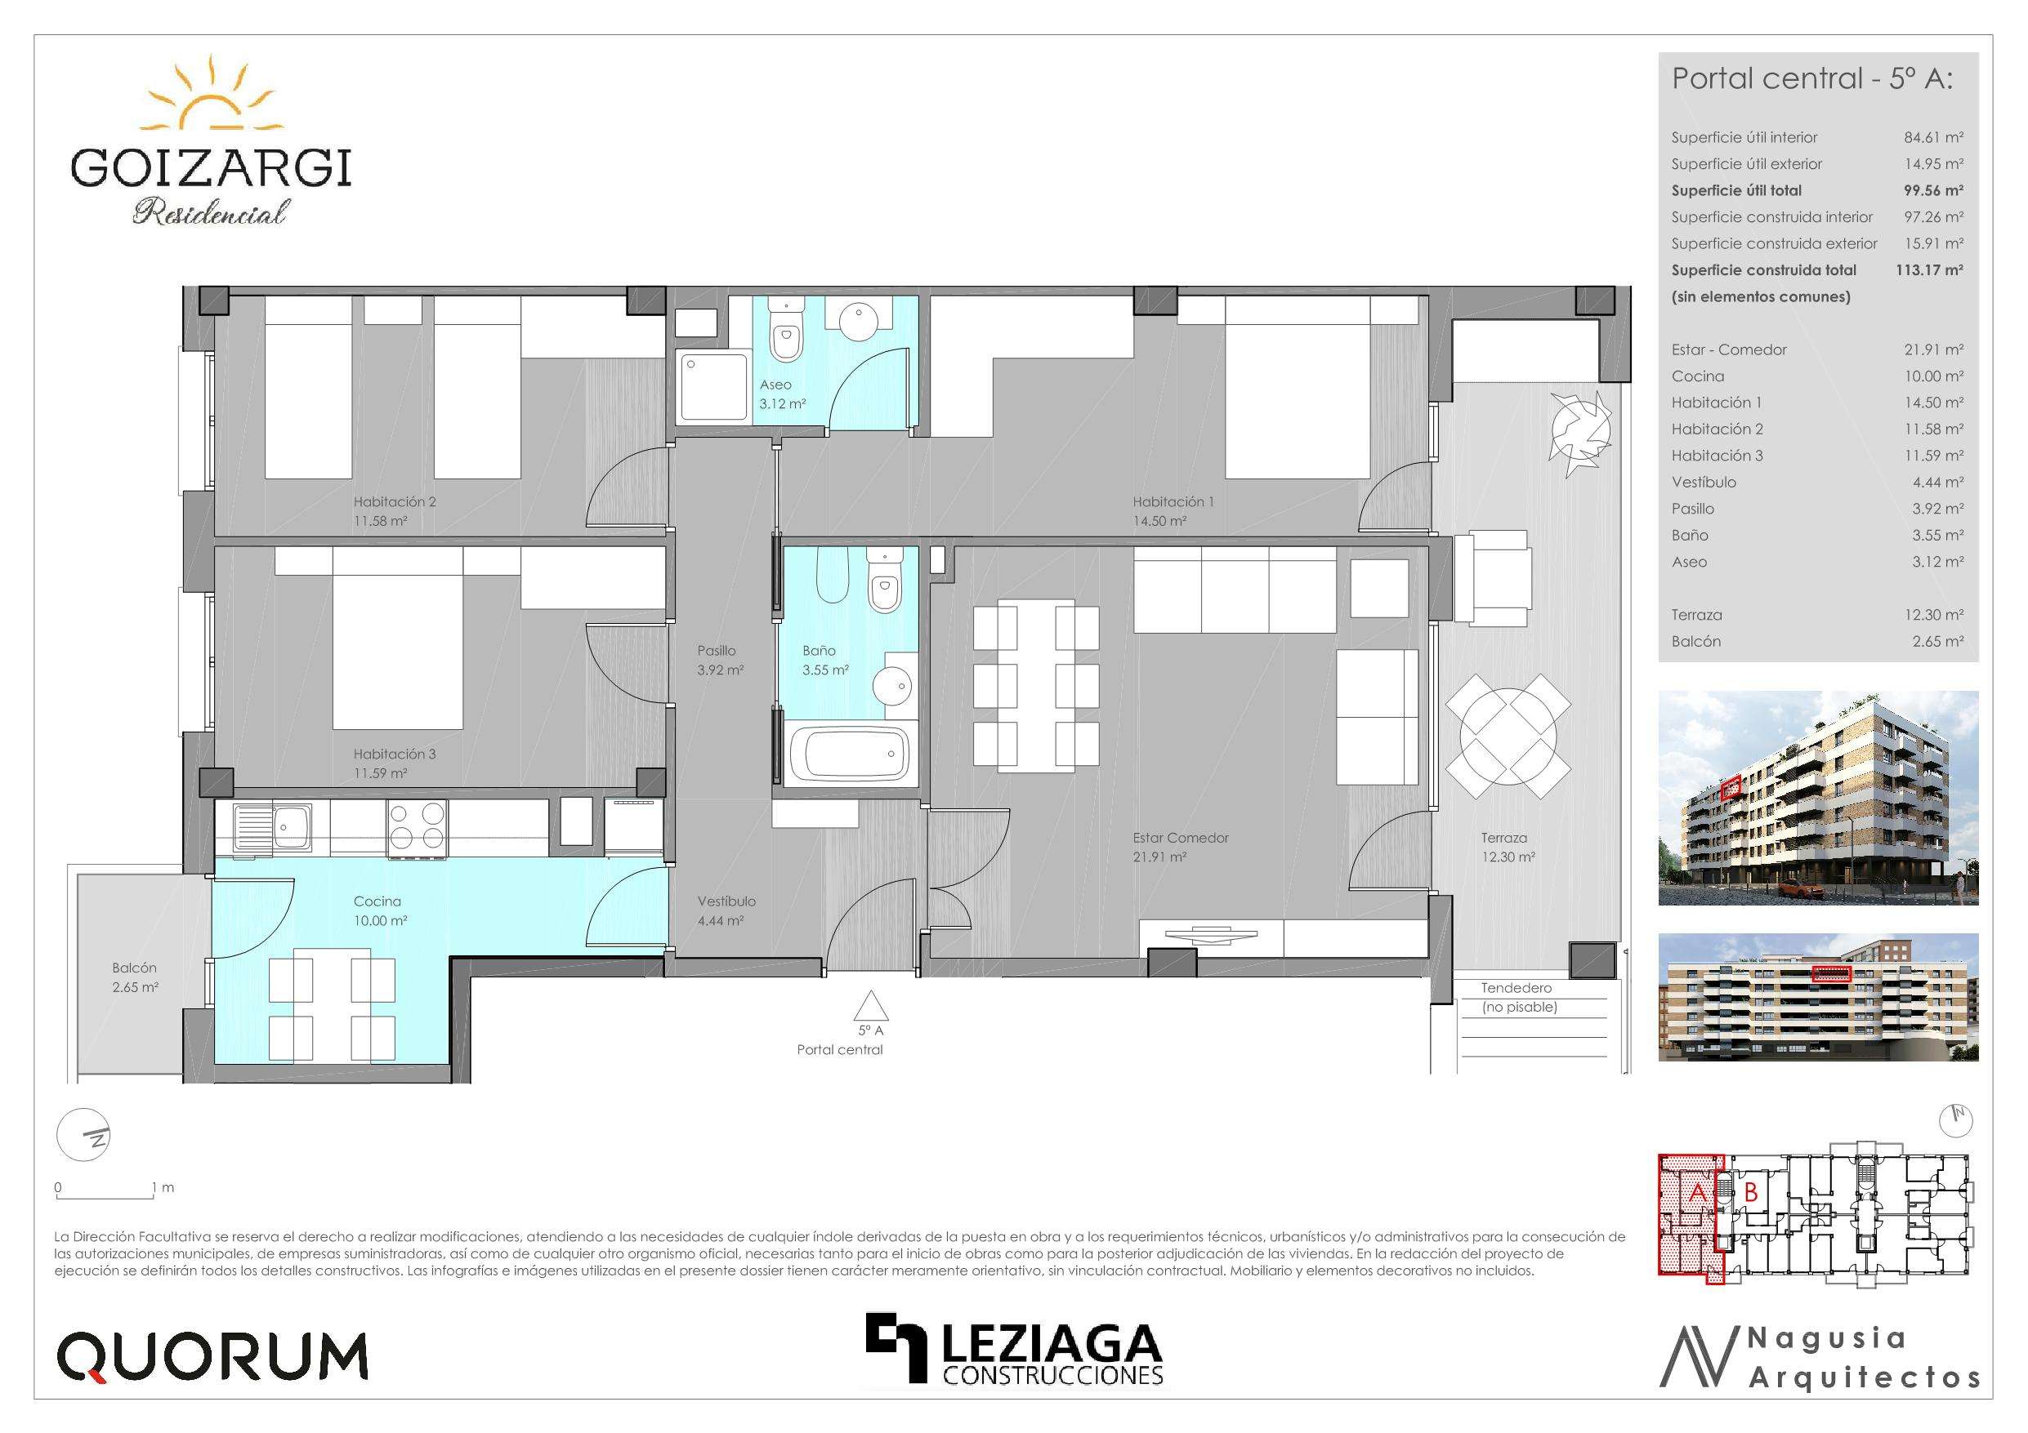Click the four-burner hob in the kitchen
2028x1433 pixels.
pos(416,829)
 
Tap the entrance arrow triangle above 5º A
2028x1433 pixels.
pos(871,1006)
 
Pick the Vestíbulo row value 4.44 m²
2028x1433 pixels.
pos(1937,482)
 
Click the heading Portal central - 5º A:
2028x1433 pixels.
pos(1812,78)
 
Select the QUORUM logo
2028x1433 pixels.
pos(212,1357)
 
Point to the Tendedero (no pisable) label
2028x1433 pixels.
pos(1519,998)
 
